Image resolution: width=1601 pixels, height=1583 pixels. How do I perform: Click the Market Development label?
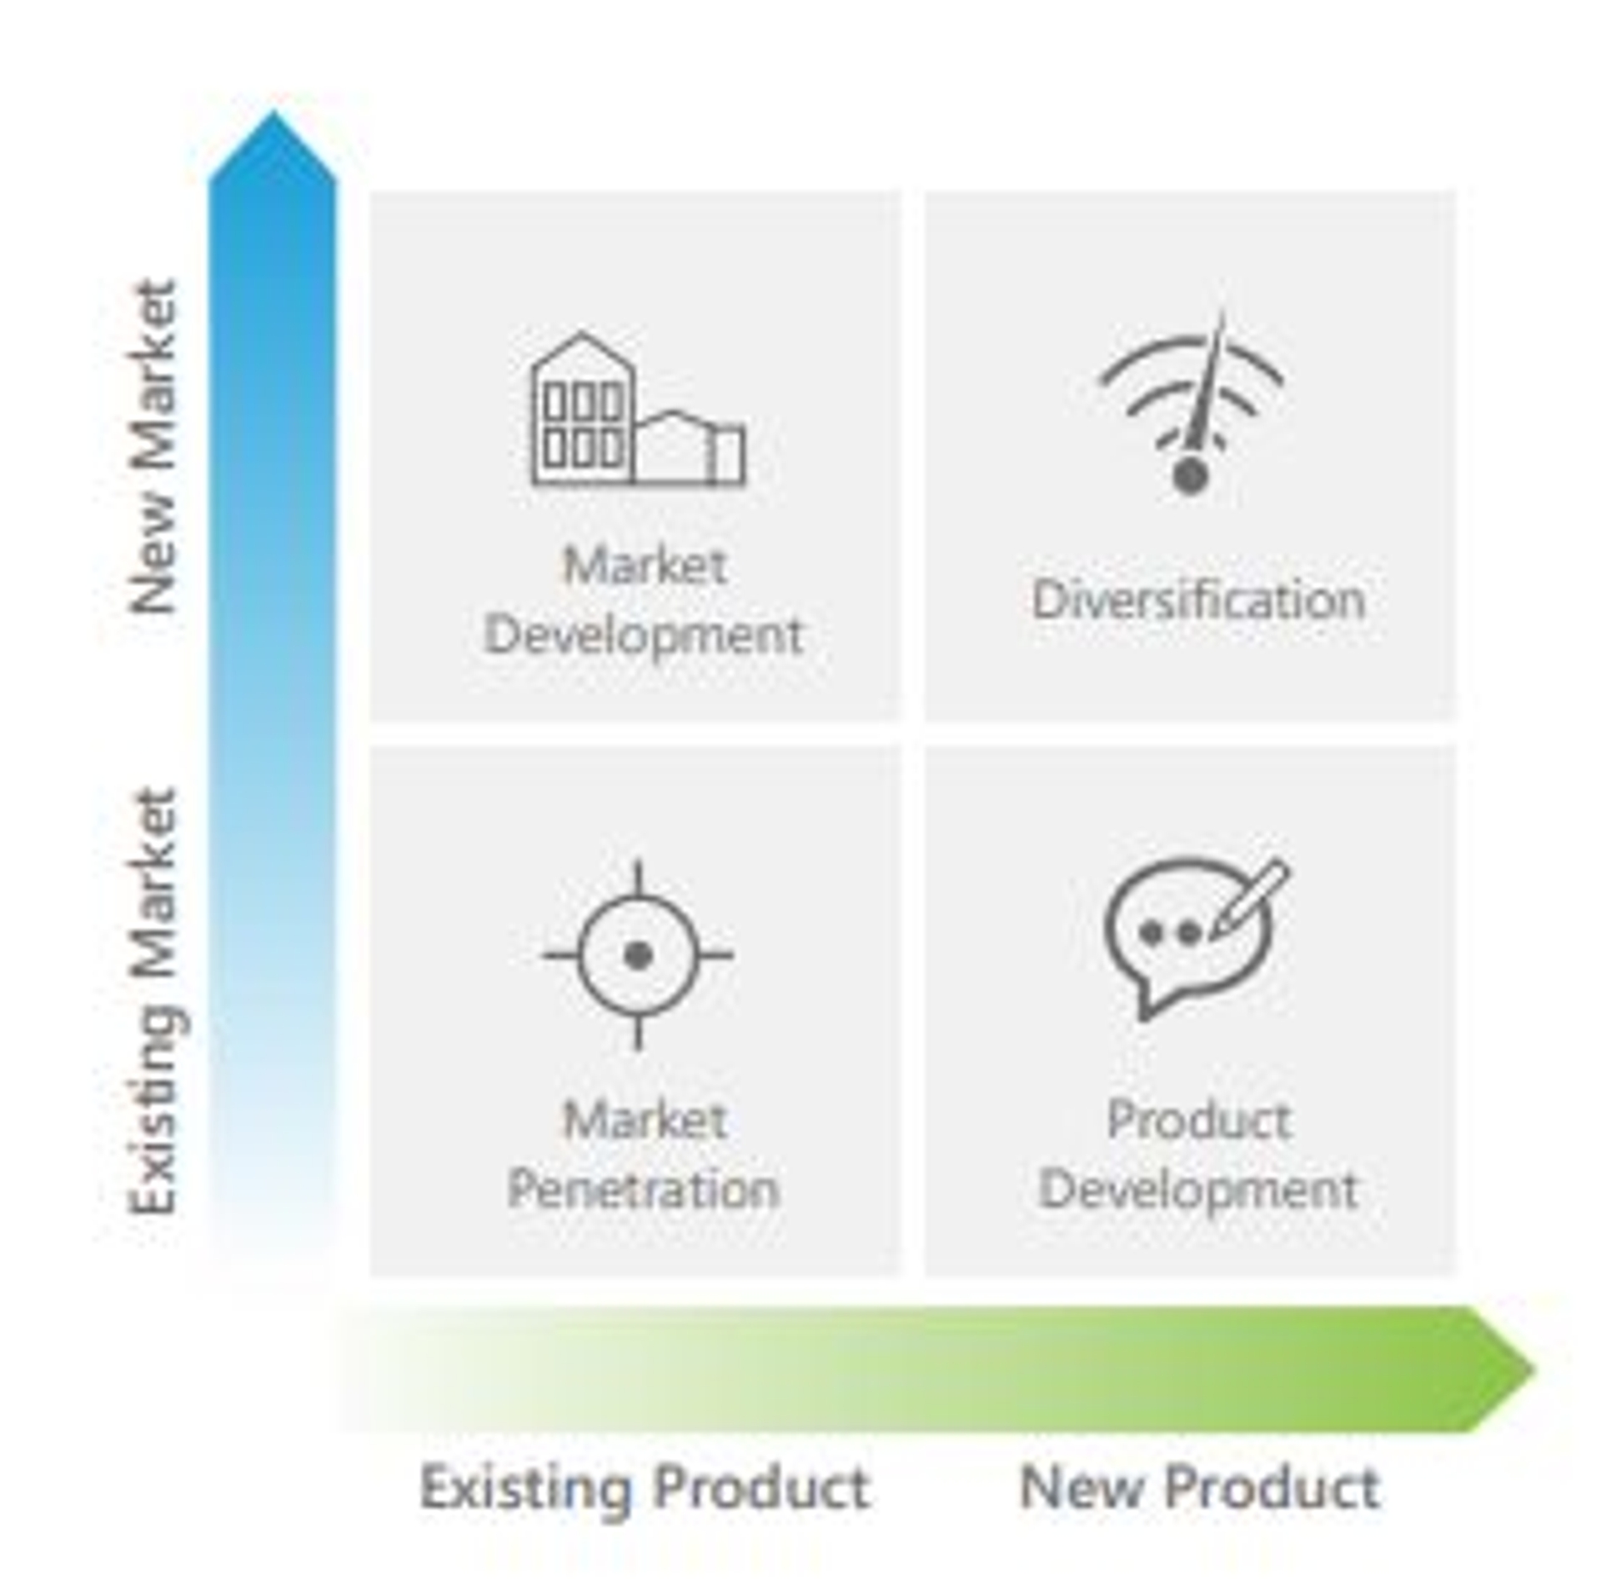coord(643,600)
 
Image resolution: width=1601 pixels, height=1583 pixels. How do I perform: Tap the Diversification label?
coord(1198,599)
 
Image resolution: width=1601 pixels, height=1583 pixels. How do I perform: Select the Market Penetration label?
coord(643,1154)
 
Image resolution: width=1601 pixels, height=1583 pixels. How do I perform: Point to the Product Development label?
coord(1198,1154)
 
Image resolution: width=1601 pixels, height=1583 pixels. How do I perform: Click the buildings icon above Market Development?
coord(639,409)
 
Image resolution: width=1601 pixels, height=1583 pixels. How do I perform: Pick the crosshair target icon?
coord(638,954)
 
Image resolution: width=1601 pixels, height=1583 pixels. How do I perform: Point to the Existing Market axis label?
coord(157,1001)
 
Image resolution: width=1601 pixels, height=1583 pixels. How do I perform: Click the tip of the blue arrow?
coord(274,111)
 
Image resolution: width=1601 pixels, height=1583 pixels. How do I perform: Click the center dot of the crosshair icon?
coord(638,955)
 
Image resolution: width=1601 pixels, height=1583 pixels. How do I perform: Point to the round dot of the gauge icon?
coord(1191,476)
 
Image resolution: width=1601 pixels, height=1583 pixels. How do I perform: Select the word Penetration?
coord(643,1189)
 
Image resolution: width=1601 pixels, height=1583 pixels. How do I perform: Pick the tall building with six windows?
coord(583,409)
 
